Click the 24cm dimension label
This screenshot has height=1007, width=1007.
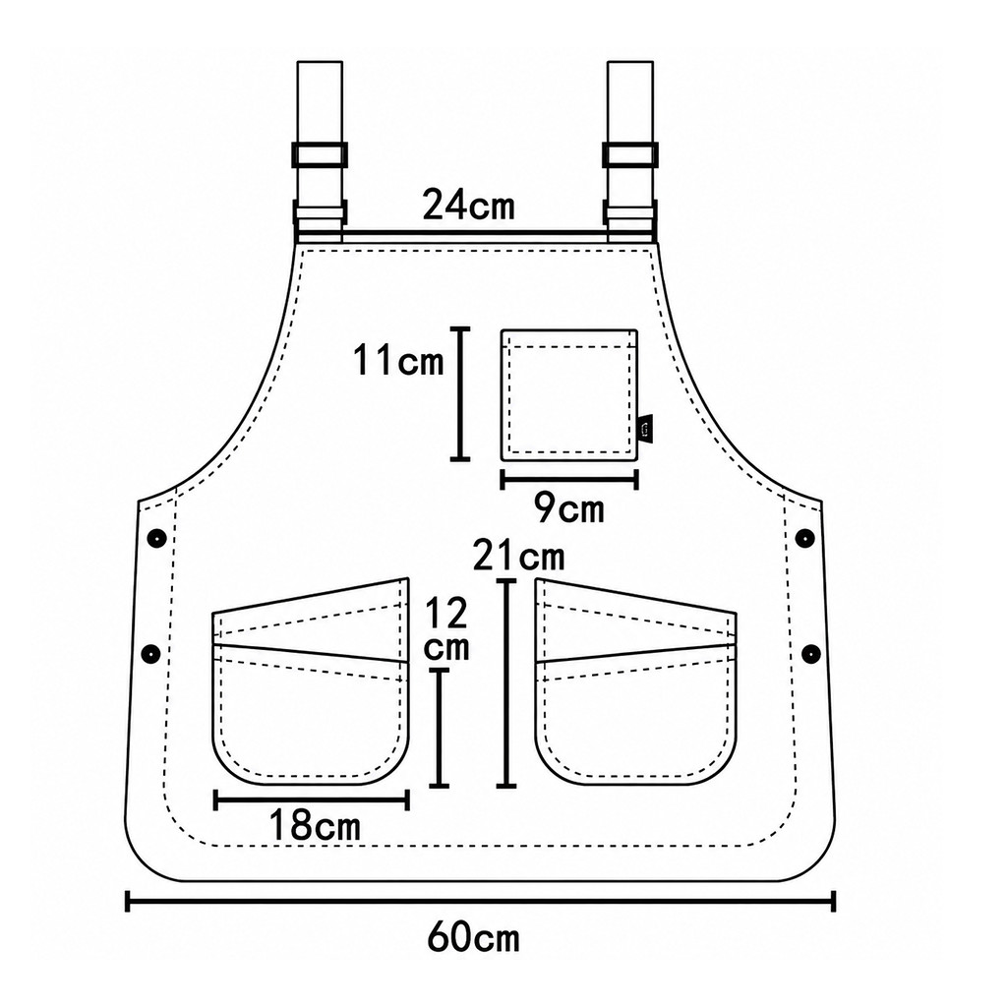tap(469, 205)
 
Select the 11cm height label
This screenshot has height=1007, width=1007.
tap(398, 360)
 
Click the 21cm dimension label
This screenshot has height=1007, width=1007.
tap(518, 556)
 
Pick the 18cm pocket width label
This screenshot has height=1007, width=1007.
tap(315, 825)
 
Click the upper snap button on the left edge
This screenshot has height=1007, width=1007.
tap(156, 538)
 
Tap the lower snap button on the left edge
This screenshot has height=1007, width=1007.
tap(150, 654)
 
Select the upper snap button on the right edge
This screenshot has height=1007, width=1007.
tap(804, 538)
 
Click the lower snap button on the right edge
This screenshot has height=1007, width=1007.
tap(811, 654)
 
